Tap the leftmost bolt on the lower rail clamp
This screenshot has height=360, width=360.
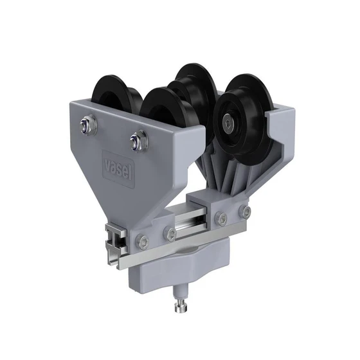pyautogui.click(x=143, y=241)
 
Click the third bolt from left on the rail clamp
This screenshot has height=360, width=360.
pyautogui.click(x=221, y=219)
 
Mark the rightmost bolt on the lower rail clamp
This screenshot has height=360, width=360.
pyautogui.click(x=245, y=212)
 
